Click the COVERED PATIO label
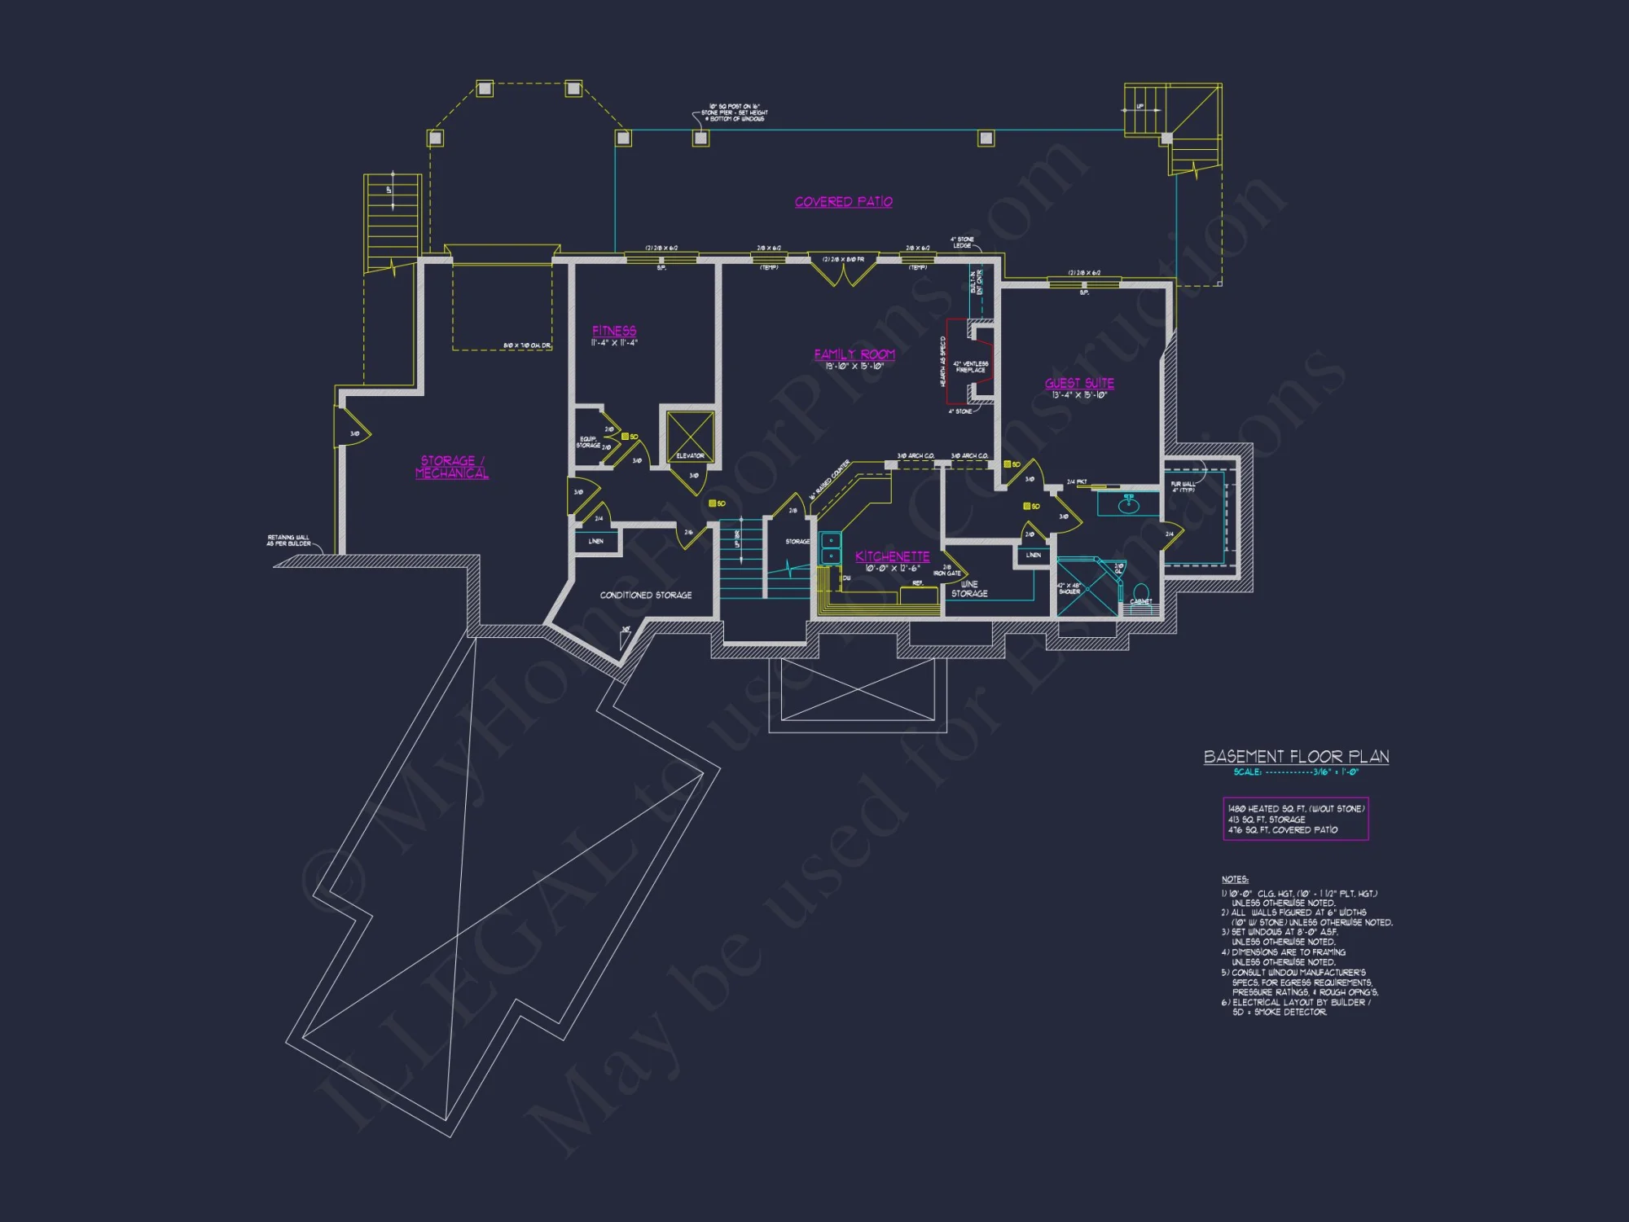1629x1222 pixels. coord(843,201)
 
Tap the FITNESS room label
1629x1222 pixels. coord(614,331)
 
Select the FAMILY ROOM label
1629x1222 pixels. coord(854,354)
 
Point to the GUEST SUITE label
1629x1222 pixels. coord(1079,383)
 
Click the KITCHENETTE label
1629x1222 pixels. coord(892,556)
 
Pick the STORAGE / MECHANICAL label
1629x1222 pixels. coord(452,467)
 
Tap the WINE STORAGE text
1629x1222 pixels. coord(969,589)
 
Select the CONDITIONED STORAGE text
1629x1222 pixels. coord(646,596)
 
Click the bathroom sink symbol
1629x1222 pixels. coord(1129,505)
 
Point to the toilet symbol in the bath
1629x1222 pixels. coord(1141,591)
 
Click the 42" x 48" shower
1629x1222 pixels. coord(1087,587)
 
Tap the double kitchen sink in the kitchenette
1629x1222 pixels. coord(830,547)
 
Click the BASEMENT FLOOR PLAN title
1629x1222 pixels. coord(1296,757)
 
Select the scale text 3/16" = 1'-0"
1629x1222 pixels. coord(1335,772)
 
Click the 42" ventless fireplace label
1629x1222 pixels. coord(970,367)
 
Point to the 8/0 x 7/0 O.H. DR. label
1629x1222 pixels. coord(527,346)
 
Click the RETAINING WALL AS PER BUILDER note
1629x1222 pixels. coord(288,540)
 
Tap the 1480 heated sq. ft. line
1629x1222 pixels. coord(1295,809)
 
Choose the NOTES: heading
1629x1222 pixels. coord(1234,879)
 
